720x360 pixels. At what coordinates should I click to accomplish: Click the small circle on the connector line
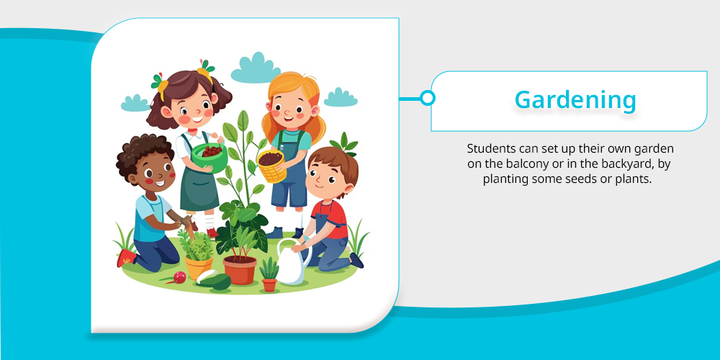coord(428,98)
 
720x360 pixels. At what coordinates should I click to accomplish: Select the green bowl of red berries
coord(210,156)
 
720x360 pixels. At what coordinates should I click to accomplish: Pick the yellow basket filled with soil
coord(271,166)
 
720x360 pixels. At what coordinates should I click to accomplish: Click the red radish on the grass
coord(179,277)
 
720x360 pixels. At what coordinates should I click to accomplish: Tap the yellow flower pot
coord(199,267)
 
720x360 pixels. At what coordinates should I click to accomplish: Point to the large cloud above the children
coord(256,69)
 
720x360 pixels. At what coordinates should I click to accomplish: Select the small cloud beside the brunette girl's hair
coord(135,103)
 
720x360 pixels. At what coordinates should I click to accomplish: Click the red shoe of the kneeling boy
coord(125,258)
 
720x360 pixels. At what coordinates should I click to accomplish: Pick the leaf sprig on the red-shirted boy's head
coord(344,143)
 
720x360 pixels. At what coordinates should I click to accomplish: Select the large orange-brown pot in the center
coord(240,270)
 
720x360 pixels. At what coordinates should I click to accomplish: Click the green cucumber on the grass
coord(215,282)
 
